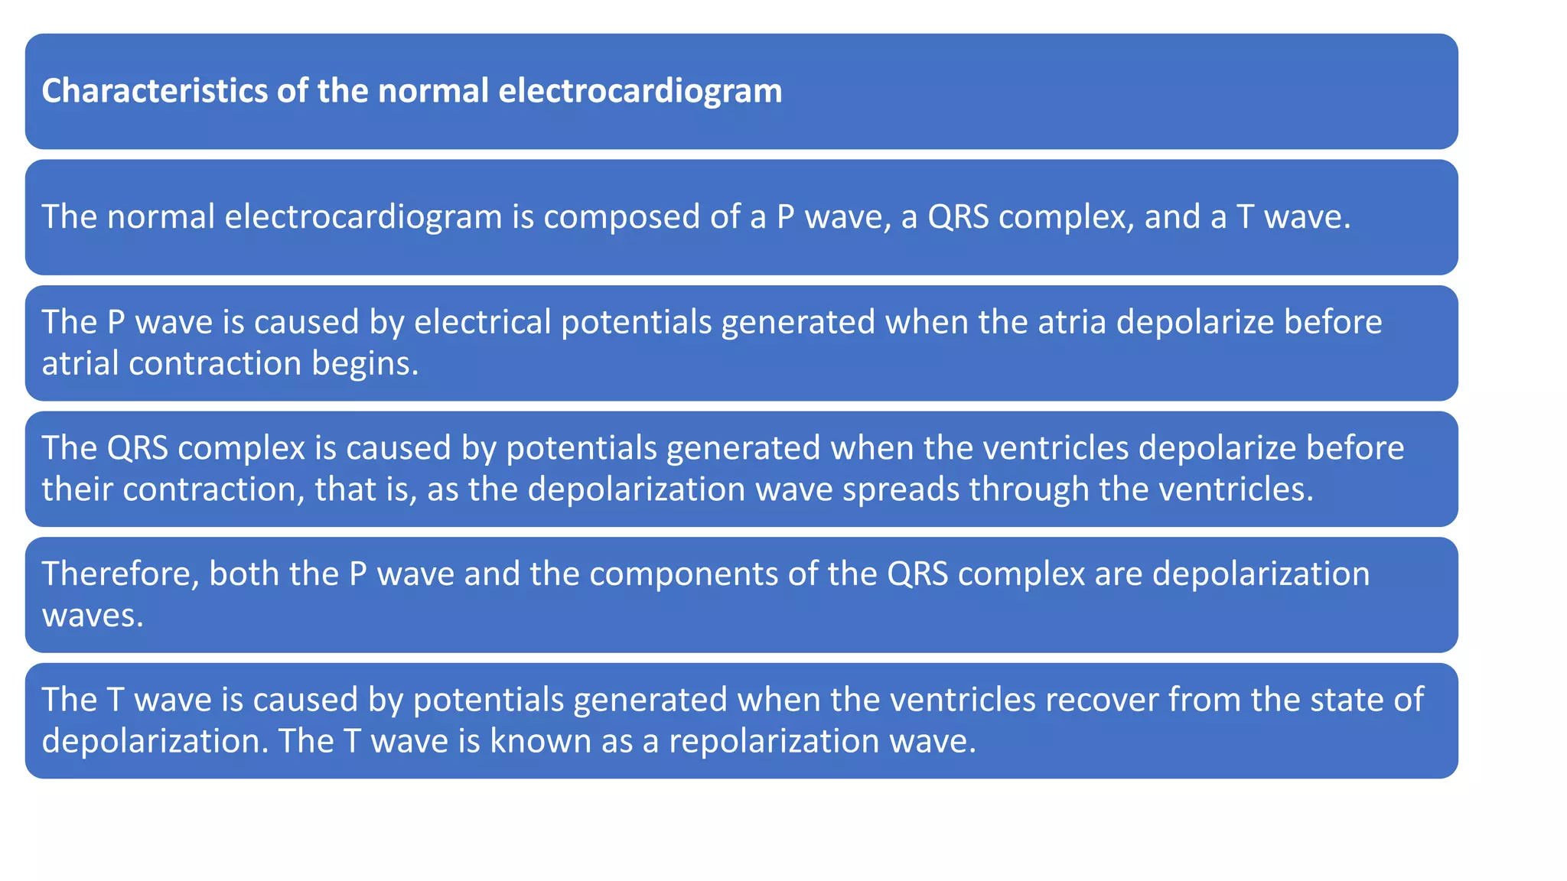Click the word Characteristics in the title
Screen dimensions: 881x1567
(x=154, y=90)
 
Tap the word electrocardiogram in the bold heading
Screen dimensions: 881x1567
(x=640, y=90)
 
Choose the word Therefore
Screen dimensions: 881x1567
(x=121, y=574)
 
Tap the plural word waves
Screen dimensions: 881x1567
(x=93, y=616)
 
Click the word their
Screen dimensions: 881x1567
(x=77, y=489)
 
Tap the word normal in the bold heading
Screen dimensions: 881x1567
(x=433, y=90)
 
